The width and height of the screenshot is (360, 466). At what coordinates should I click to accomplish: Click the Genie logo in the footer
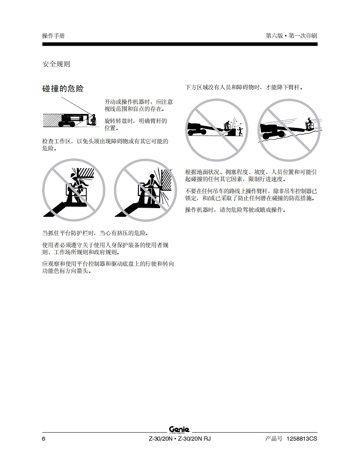(180, 430)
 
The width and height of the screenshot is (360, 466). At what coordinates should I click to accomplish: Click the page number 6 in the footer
(44, 439)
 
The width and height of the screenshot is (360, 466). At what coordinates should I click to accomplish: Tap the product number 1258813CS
(302, 439)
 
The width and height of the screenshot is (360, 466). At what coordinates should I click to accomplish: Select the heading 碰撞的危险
(63, 88)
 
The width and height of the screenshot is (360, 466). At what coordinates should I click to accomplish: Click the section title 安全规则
(56, 64)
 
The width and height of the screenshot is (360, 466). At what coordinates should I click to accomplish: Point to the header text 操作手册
(53, 36)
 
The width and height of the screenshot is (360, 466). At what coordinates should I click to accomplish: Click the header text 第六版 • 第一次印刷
(291, 36)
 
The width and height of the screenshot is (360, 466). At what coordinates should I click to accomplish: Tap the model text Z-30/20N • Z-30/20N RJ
(180, 439)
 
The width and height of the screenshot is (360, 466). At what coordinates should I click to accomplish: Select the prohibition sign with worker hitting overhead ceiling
(74, 190)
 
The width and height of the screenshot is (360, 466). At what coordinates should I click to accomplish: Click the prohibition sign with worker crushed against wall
(145, 190)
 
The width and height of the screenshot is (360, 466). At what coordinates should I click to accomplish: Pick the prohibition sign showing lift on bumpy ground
(289, 130)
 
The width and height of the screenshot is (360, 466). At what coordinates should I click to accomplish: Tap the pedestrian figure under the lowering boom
(240, 131)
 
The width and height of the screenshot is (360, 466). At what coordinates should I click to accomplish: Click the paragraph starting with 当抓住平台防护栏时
(95, 233)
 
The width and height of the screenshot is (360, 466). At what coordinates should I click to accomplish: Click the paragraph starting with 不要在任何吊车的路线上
(251, 194)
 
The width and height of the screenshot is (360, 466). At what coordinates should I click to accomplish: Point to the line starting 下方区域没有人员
(244, 87)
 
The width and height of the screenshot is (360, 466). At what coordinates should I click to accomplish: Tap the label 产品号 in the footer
(274, 439)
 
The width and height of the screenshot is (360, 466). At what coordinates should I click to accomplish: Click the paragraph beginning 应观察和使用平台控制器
(108, 267)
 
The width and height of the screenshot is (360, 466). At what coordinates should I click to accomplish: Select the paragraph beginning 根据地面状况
(251, 175)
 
